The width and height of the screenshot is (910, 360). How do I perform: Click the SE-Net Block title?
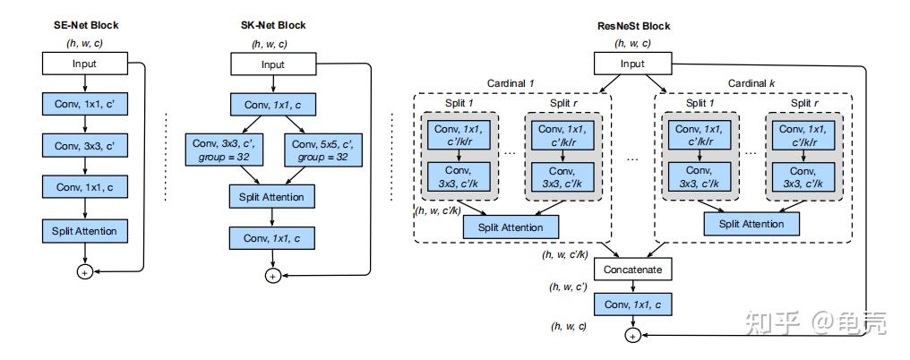coord(86,25)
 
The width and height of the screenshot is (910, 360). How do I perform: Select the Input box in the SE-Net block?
coord(85,64)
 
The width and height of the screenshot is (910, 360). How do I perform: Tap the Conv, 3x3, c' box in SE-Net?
coord(85,146)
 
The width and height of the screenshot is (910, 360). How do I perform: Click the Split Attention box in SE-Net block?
coord(85,230)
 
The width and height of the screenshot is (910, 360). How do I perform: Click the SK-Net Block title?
coord(272,25)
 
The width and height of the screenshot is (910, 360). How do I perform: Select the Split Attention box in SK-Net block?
coord(272,197)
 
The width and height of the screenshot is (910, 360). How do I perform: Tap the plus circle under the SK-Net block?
coord(272,276)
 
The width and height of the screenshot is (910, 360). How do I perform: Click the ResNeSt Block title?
coord(633,26)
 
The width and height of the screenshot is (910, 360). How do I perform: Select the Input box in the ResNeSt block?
coord(633,64)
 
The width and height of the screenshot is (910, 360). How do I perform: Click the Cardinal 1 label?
coord(511,83)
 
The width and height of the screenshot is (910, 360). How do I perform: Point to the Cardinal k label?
coord(751,83)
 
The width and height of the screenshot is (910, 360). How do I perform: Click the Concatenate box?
coord(632,269)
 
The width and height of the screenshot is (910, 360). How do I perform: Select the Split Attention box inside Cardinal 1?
coord(511,227)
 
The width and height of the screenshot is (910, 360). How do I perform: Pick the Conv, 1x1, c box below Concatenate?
coord(632,304)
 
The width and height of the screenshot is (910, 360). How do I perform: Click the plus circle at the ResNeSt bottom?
coord(632,335)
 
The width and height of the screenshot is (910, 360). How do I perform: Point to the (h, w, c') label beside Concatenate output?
coord(570,287)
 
